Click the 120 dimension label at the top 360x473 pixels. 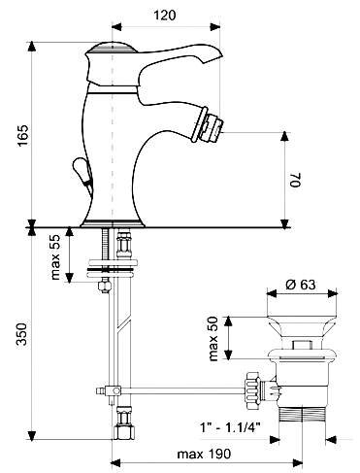click(x=164, y=15)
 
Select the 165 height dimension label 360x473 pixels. click(x=23, y=135)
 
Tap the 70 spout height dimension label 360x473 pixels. click(x=296, y=181)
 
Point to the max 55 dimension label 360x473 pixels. click(x=55, y=257)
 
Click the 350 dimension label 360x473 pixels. click(x=22, y=334)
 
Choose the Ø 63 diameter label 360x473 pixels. click(x=301, y=285)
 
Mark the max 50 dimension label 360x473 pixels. click(x=213, y=338)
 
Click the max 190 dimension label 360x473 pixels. click(x=204, y=454)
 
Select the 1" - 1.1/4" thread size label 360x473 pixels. click(x=230, y=428)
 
